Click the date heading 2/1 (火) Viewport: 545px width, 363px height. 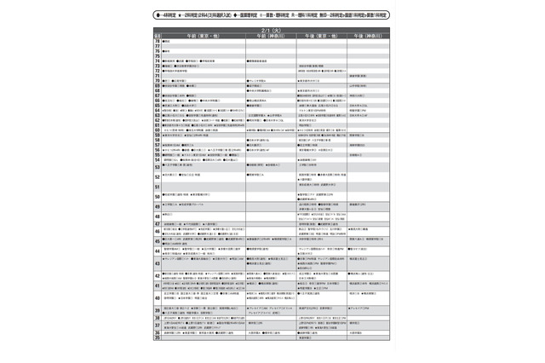tap(272, 28)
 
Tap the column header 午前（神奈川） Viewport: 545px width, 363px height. tap(270, 34)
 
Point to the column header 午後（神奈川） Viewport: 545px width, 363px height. tap(368, 34)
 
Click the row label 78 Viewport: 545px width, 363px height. tap(158, 40)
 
